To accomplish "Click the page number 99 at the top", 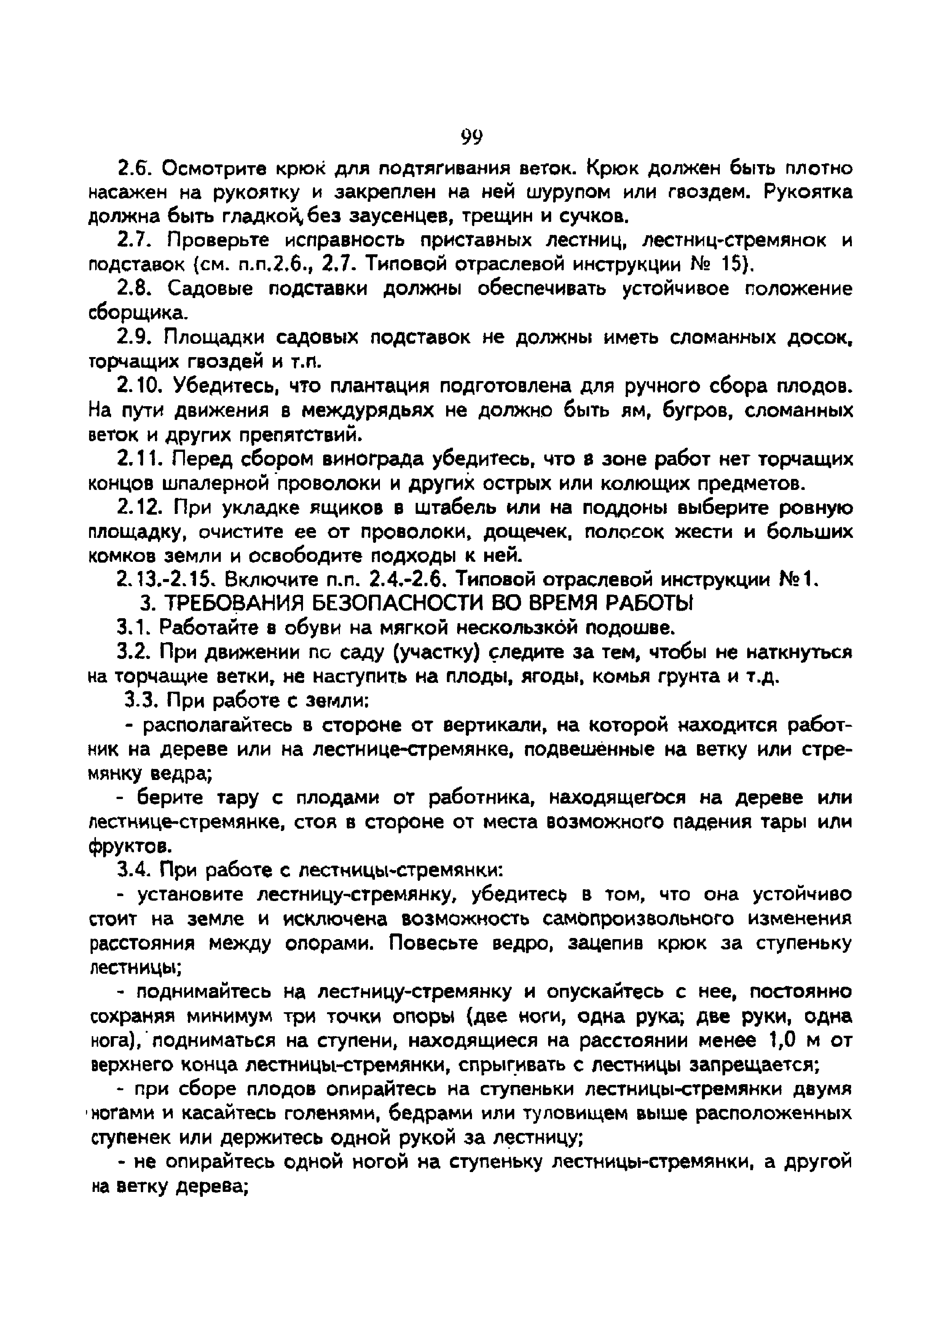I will (x=471, y=138).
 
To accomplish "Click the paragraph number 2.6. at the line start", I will (x=135, y=169).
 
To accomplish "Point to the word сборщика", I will (x=137, y=314).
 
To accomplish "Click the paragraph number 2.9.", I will (x=135, y=338).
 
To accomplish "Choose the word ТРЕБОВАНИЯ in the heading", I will (x=233, y=604).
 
